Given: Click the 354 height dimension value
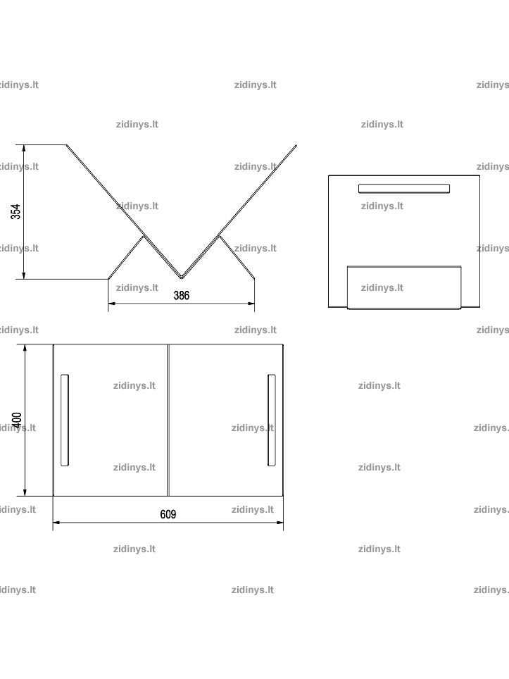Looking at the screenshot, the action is pos(15,212).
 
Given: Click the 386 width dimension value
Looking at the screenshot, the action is pos(182,295).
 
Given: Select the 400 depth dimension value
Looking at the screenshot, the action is pos(16,421).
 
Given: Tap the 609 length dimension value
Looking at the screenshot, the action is pos(168,514).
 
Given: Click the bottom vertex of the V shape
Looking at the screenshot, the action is pos(182,278).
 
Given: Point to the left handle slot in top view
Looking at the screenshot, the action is pos(65,420).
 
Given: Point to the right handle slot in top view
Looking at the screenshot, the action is pos(271,420).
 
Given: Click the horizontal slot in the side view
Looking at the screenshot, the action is pos(404,188).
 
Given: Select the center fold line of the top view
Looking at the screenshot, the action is pos(168,420).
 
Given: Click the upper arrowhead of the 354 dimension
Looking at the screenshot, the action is pos(24,148).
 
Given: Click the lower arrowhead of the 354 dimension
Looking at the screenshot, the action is pos(24,275).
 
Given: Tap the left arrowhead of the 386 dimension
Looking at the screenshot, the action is pos(112,304).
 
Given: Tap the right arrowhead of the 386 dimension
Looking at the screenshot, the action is pos(251,304).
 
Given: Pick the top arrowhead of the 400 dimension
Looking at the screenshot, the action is pos(25,348).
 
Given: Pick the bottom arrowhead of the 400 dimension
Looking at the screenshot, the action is pos(25,492).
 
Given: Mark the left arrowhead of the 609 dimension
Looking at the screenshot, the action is pos(56,523).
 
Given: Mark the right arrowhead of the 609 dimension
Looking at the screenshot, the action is pos(279,523).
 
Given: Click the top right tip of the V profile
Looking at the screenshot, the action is pos(296,146).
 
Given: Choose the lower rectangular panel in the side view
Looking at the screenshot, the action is pos(404,287).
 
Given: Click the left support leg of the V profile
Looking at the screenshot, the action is pos(125,257).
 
